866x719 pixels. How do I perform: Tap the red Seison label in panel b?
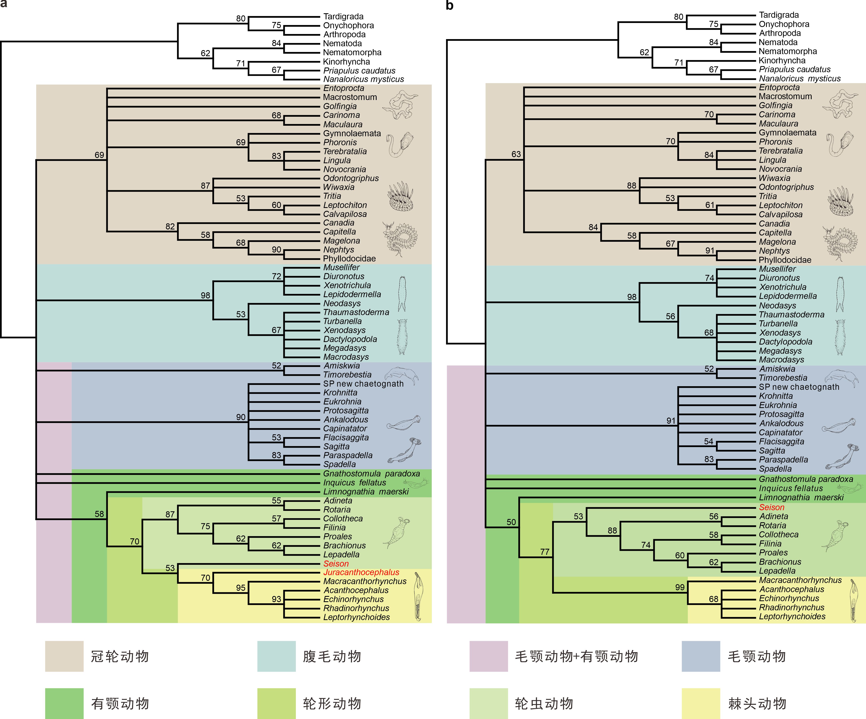click(772, 507)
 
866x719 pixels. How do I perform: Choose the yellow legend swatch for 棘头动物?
click(701, 703)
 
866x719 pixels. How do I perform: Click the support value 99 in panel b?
click(680, 587)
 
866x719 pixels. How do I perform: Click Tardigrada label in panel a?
click(343, 16)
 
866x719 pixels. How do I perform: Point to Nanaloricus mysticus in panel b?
click(800, 78)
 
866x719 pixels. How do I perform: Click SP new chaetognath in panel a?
click(363, 384)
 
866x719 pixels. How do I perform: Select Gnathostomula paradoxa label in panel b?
click(806, 479)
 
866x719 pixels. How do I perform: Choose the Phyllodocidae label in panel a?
click(349, 259)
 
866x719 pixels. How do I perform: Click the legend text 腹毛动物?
click(332, 656)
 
